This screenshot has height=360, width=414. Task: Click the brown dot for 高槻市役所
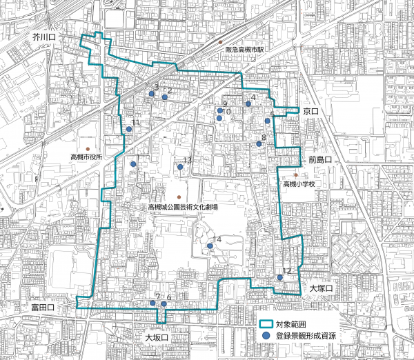87,149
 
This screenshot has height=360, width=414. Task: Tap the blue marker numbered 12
280,277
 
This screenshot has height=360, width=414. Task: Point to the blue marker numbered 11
129,129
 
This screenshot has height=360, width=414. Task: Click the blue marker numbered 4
248,104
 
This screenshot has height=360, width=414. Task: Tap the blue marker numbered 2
165,97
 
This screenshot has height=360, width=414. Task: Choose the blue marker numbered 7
152,303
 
